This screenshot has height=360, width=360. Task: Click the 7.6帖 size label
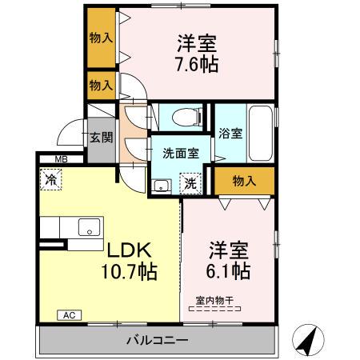(196, 65)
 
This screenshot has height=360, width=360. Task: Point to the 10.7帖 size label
(128, 272)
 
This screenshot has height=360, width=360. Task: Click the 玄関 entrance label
(100, 138)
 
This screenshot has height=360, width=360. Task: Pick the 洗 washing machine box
(192, 182)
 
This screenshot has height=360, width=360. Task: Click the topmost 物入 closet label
(101, 38)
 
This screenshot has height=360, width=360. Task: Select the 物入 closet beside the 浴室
(244, 182)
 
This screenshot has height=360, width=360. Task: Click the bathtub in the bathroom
(259, 132)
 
